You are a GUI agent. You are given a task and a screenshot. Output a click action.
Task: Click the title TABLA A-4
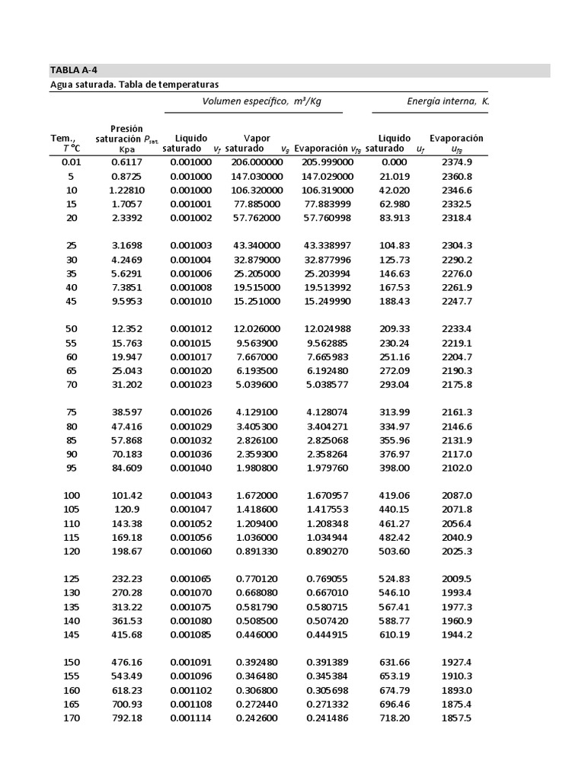tap(74, 70)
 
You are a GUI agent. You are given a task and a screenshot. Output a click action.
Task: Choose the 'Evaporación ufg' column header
tap(456, 144)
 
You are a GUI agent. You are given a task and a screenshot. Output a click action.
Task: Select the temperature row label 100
tap(71, 496)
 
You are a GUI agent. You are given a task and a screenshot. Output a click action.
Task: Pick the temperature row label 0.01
tap(71, 162)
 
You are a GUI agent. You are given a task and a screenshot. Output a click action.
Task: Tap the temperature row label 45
tap(71, 302)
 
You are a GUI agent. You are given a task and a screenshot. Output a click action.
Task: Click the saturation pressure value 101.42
tap(126, 496)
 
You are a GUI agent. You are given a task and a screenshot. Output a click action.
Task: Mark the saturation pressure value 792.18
tap(126, 718)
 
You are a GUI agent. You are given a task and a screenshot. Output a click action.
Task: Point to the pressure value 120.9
tap(126, 510)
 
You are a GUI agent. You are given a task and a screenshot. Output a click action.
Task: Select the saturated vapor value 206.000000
tap(257, 162)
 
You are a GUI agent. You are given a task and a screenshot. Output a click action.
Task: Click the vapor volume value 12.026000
tap(257, 329)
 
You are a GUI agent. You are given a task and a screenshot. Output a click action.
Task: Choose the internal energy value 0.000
tap(394, 162)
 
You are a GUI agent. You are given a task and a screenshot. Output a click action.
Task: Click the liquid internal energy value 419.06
tap(394, 496)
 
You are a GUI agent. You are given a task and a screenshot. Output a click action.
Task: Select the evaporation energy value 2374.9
tap(456, 162)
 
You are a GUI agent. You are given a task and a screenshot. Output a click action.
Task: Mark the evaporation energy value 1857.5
tap(456, 718)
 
